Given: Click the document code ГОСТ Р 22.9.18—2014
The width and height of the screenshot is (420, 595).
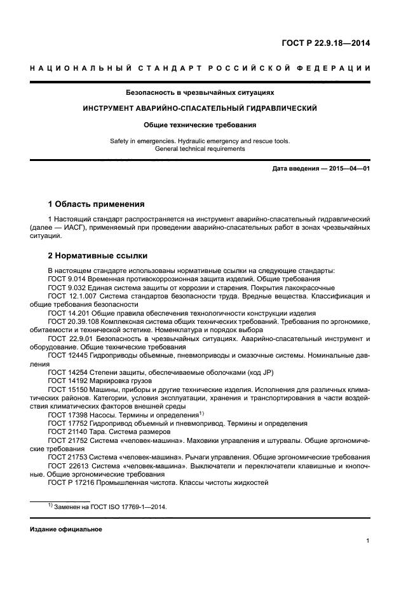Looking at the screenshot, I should [326, 43].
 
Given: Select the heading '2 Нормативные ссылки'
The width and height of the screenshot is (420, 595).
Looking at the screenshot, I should [98, 256].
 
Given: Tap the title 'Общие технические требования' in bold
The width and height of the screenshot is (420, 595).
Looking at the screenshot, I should [200, 125].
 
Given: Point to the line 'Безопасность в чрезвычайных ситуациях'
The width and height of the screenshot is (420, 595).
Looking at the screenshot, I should [200, 92].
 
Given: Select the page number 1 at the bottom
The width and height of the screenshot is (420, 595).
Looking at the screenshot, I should [368, 541].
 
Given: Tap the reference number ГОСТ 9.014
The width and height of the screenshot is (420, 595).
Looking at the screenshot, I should [67, 279].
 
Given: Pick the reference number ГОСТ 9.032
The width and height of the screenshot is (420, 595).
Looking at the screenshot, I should [67, 288].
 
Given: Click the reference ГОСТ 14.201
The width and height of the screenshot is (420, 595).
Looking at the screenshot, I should [69, 313].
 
